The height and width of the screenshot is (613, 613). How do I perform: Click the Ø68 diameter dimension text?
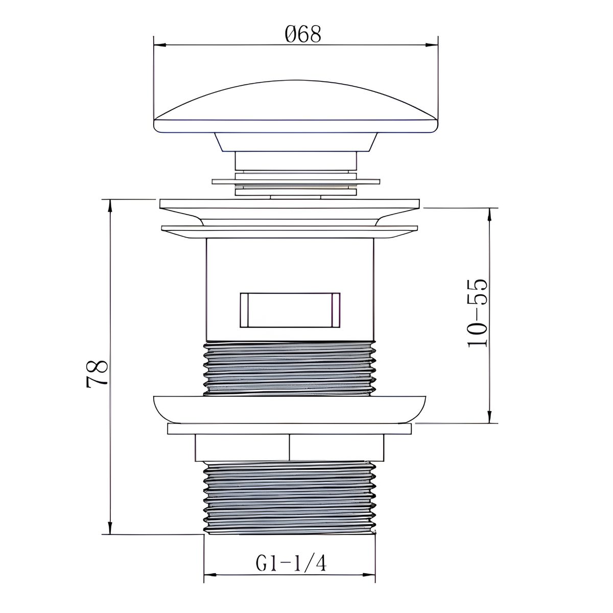pos(303,35)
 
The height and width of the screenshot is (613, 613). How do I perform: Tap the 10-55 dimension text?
pos(478,313)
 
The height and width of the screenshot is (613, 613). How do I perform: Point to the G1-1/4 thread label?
pos(291,563)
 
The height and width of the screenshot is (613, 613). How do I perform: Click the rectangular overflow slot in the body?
pos(290,310)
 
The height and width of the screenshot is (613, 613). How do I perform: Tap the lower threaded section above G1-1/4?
pos(290,498)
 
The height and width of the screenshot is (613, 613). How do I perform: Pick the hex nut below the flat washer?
pos(290,448)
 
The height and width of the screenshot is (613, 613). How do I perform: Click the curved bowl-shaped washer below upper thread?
pos(290,409)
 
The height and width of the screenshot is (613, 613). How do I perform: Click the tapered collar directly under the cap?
pos(296,142)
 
